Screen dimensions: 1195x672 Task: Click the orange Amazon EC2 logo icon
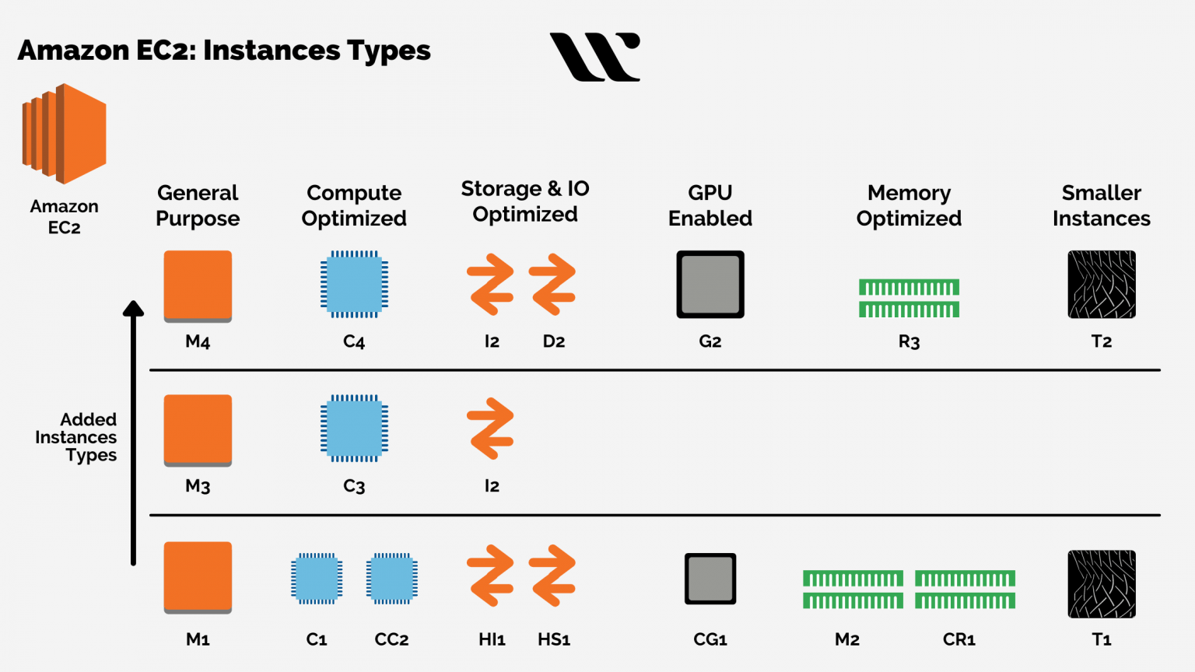coord(64,133)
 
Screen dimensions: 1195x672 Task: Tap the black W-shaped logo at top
coord(595,57)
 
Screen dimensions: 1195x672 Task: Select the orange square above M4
coord(198,286)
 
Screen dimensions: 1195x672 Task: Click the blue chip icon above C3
coord(354,429)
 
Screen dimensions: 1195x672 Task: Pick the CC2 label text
coord(391,639)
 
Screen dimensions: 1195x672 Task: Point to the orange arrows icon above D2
coord(552,284)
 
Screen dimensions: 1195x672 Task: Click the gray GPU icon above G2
coord(710,284)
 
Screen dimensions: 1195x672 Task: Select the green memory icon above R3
coord(909,298)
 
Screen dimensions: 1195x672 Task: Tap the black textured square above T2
coord(1102,284)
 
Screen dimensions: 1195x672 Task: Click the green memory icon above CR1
coord(965,590)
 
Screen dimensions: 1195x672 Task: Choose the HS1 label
coord(554,639)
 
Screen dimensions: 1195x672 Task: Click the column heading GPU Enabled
coord(710,205)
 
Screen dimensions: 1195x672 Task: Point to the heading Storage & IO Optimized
coord(525,201)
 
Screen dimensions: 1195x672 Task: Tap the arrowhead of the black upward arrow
coord(133,308)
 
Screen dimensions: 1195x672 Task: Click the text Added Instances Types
coord(75,437)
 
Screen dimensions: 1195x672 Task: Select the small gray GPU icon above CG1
coord(710,579)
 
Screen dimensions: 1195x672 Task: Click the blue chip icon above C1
coord(317,579)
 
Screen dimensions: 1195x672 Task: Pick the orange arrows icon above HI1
coord(490,576)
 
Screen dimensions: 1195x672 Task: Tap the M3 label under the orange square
coord(198,486)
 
